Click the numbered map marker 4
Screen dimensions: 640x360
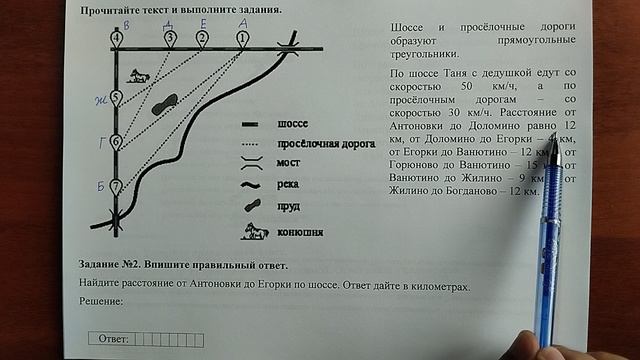118,38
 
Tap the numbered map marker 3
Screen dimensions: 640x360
170,38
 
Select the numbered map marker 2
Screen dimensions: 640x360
202,38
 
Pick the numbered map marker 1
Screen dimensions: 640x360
242,38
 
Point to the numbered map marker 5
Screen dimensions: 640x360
116,98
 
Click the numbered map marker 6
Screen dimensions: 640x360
116,142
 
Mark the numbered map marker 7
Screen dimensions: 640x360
116,186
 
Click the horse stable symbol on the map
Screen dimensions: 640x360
140,76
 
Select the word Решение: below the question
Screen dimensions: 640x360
100,301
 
